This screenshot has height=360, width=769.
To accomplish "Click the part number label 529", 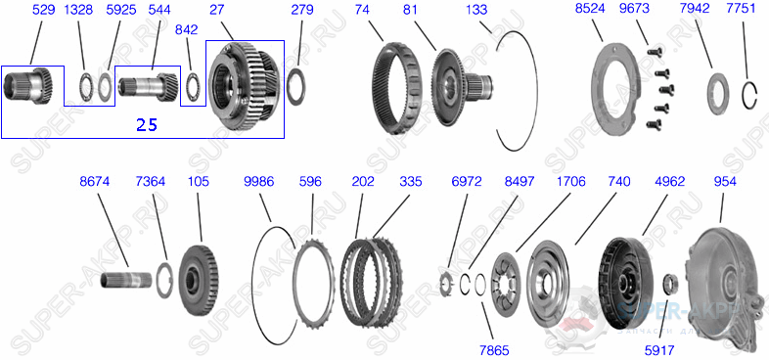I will point(43,11).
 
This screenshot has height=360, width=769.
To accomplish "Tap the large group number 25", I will point(147,125).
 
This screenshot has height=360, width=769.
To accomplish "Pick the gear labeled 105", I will point(199,280).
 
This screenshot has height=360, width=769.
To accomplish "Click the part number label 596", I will point(310,181).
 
